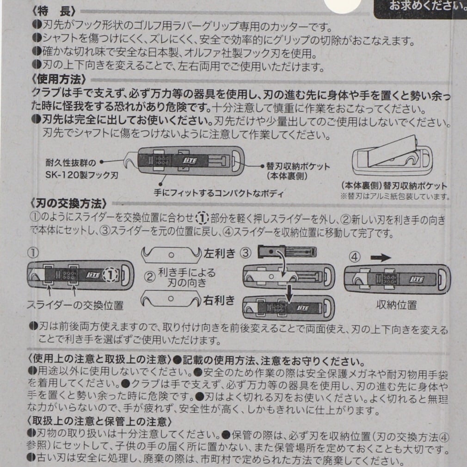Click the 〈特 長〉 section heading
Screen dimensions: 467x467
coord(54,11)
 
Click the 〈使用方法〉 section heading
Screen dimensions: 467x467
coord(59,80)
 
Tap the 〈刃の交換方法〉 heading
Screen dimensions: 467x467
coord(68,204)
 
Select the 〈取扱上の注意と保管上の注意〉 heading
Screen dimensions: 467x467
coord(99,421)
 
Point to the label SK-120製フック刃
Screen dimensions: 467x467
coord(81,174)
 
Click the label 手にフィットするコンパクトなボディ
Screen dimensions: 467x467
coord(219,193)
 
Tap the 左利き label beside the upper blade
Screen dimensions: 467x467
coord(220,253)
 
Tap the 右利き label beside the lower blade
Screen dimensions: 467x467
coord(219,300)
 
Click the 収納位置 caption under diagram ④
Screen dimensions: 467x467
coord(396,305)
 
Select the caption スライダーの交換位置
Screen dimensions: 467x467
coord(75,305)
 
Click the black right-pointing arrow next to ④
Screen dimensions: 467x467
coord(381,258)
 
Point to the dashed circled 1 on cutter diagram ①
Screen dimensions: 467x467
coord(111,275)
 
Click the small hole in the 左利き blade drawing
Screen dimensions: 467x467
coord(171,255)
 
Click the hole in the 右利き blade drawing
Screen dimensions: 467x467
coord(171,298)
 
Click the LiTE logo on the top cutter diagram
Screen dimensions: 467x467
coord(190,161)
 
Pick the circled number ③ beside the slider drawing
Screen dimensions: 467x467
coord(246,253)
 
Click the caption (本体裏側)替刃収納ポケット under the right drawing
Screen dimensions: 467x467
coord(394,185)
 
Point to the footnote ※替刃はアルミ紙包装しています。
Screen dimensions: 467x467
coord(395,197)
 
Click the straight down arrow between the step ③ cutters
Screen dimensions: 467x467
coord(289,293)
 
